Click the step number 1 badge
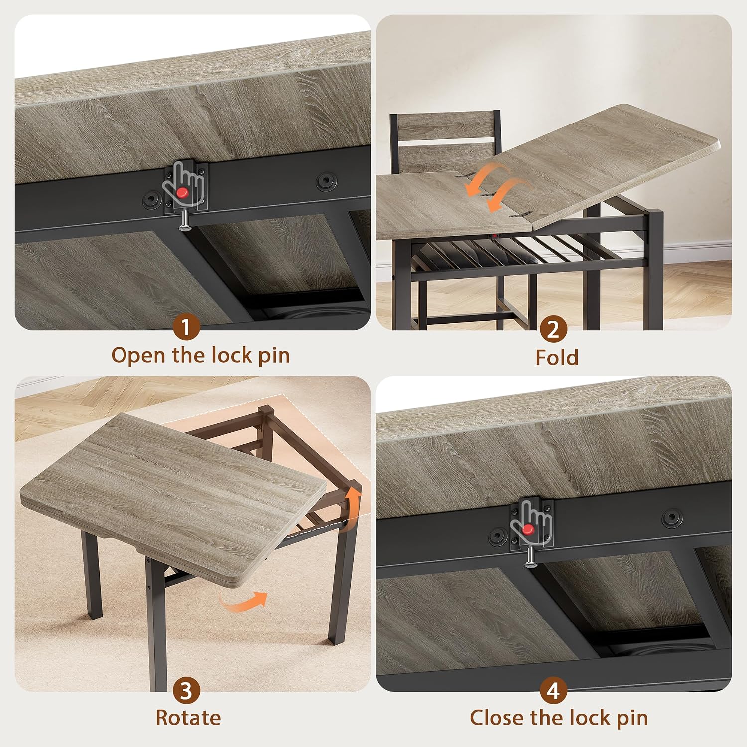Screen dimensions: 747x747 (186, 328)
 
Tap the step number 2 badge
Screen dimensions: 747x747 (553, 329)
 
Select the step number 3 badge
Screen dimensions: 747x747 (186, 691)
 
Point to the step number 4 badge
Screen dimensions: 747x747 (553, 691)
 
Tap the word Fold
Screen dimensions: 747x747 (557, 357)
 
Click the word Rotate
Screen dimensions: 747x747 (188, 718)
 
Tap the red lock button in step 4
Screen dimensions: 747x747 (528, 529)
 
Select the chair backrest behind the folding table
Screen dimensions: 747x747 (445, 142)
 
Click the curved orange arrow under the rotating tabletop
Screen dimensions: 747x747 (244, 601)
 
